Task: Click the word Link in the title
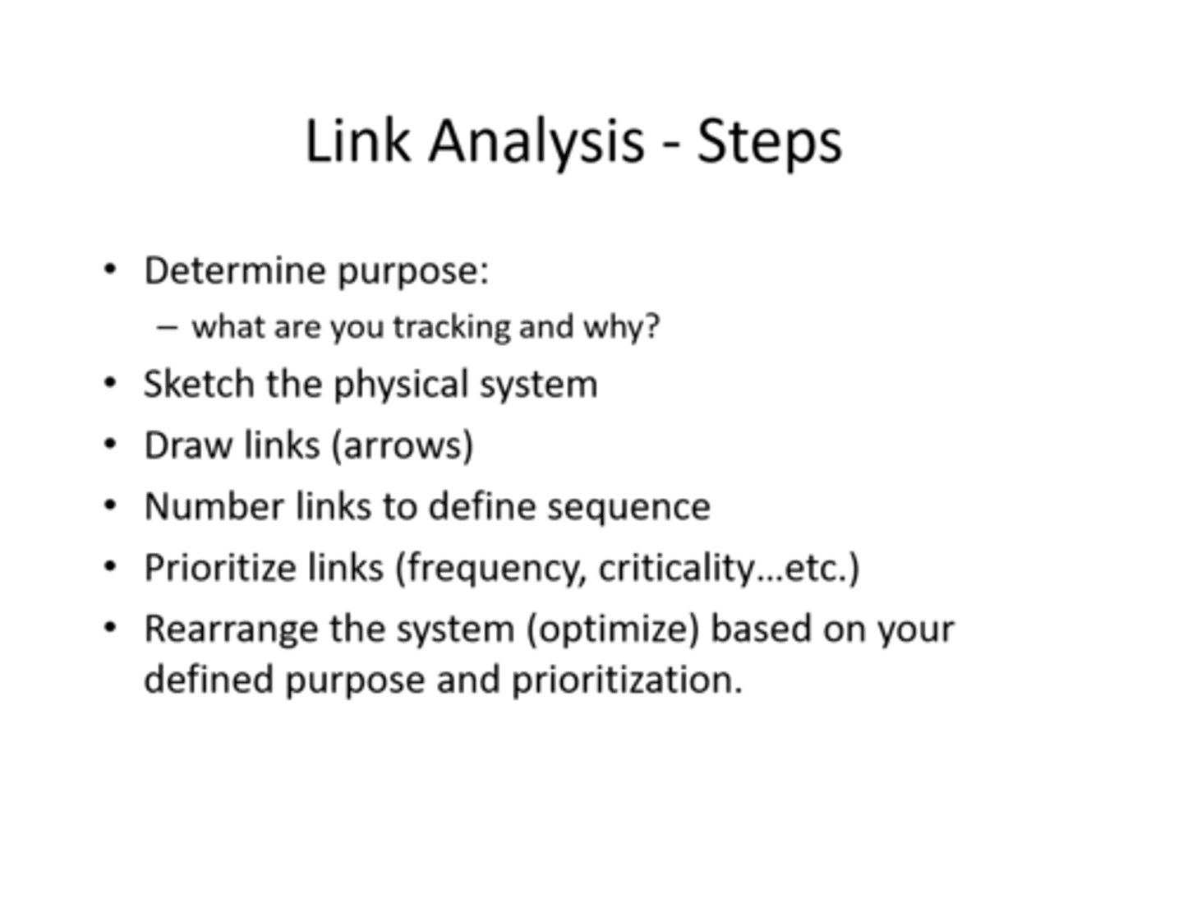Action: point(357,141)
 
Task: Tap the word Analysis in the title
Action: point(536,142)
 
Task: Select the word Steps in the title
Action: point(769,142)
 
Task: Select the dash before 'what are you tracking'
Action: point(167,327)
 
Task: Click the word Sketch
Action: point(198,384)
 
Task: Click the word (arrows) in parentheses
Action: point(402,445)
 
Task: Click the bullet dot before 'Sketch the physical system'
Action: point(111,383)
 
